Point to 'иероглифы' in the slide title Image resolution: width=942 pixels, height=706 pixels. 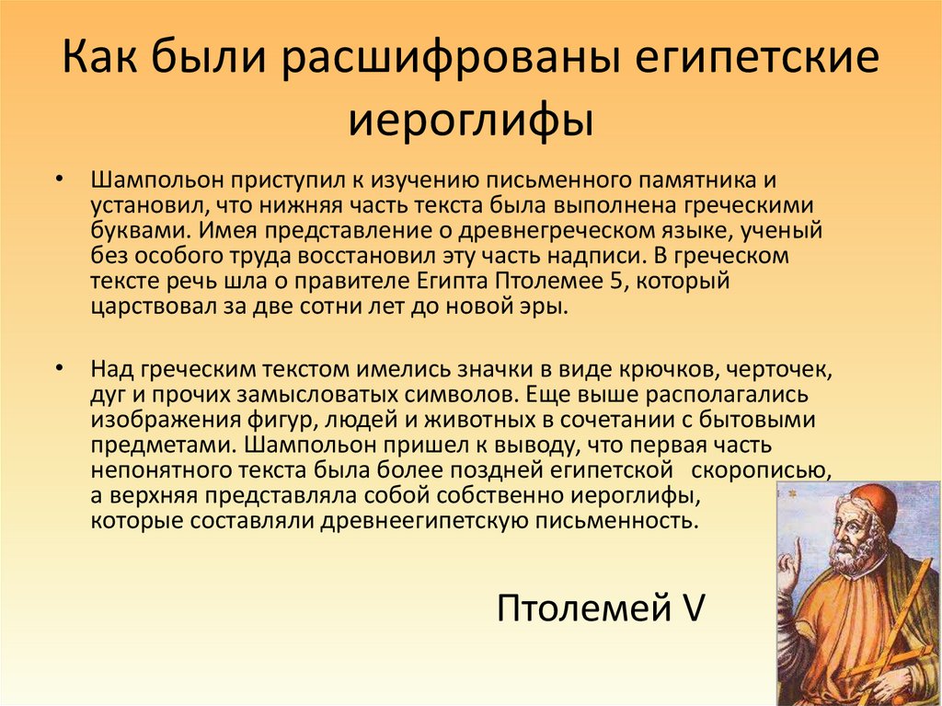[x=470, y=121]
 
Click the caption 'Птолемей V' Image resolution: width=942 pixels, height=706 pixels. [x=600, y=608]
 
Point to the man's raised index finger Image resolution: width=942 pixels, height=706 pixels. [x=796, y=550]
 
